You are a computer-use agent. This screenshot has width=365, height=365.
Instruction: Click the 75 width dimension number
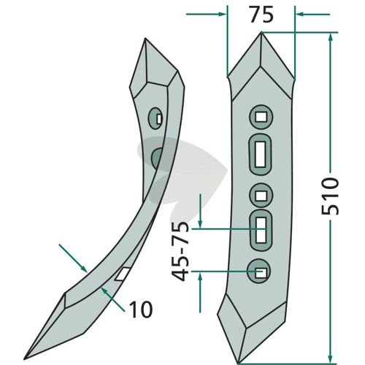(x=262, y=15)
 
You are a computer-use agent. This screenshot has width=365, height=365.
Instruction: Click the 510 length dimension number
(x=330, y=196)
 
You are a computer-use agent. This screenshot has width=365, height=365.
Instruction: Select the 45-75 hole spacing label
(x=180, y=252)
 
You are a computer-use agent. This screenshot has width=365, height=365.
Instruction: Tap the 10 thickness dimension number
(x=141, y=310)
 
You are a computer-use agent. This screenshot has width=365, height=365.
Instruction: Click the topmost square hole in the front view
(x=261, y=117)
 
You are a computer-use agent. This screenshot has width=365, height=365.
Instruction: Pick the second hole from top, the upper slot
(x=260, y=154)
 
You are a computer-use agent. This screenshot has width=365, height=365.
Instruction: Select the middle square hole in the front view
(x=261, y=196)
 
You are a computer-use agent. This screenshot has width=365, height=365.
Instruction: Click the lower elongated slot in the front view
(x=261, y=230)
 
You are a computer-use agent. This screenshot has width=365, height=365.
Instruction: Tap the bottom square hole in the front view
(x=261, y=273)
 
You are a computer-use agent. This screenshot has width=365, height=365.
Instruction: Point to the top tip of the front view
(x=261, y=32)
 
